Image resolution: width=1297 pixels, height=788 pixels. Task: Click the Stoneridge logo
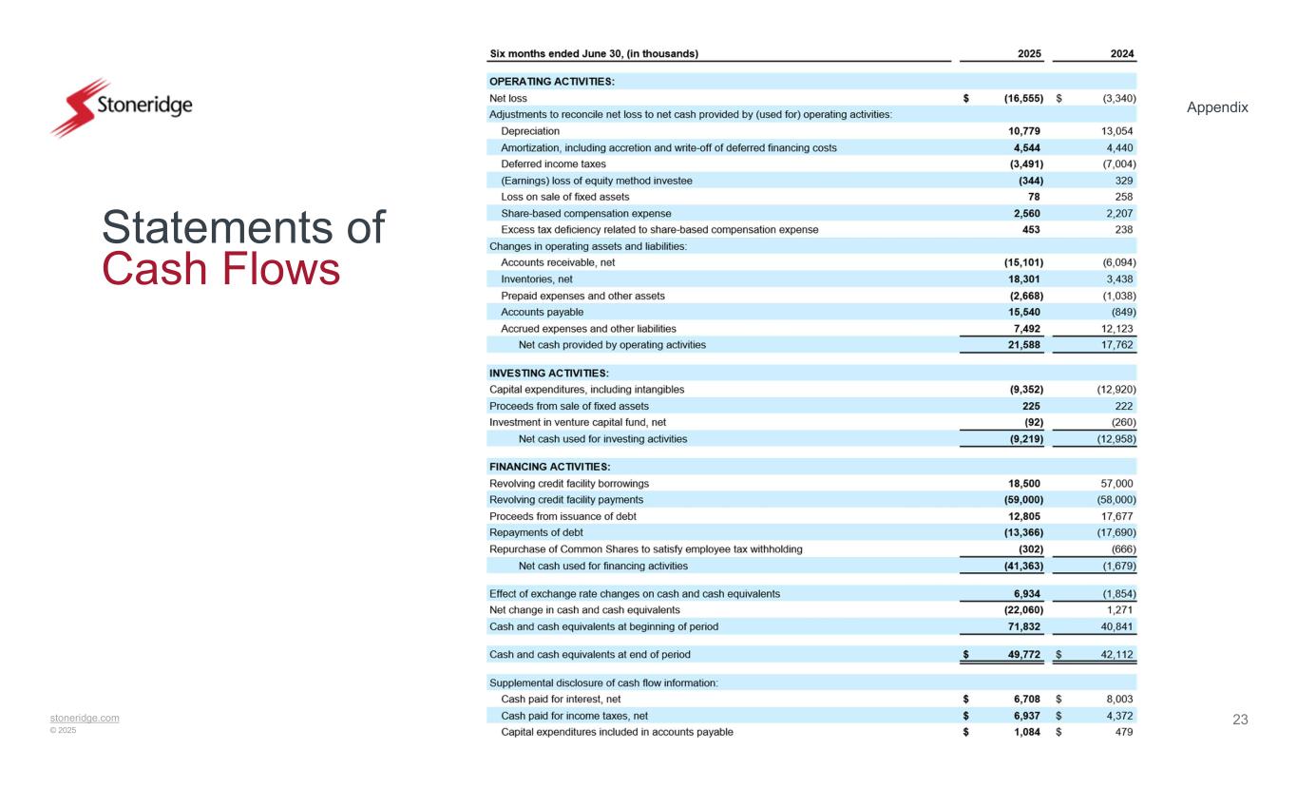[121, 107]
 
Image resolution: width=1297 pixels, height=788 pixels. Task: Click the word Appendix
[1217, 108]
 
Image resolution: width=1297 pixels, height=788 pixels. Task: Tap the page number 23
[1240, 720]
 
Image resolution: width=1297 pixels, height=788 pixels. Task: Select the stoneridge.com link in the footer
[85, 718]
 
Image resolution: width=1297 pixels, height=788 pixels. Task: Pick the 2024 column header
[1121, 54]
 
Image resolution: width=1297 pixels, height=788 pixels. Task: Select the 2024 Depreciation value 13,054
[1116, 131]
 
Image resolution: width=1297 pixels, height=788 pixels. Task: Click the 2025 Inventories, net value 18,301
[1021, 279]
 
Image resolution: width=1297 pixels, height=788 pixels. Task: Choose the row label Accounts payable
[542, 312]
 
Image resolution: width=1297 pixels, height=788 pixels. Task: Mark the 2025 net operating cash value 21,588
[1021, 345]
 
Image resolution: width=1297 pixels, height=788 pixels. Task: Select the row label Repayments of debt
[529, 532]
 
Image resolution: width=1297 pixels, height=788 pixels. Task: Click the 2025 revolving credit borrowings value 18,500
[1021, 483]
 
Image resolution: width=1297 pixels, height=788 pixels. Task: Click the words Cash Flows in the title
[220, 270]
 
